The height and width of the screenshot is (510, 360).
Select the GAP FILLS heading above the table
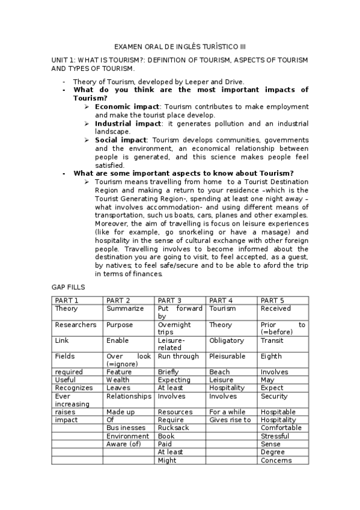click(69, 287)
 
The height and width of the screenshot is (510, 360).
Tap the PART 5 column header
click(272, 300)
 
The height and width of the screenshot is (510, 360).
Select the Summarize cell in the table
click(125, 309)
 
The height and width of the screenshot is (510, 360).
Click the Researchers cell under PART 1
click(75, 325)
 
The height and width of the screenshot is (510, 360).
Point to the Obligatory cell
click(227, 341)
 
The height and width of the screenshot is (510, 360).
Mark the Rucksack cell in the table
click(173, 428)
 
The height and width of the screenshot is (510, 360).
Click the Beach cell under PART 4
click(219, 372)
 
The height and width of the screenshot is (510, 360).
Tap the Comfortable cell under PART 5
click(281, 428)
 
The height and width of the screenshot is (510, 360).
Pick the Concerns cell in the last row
click(276, 460)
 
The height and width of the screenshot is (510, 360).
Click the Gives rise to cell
click(230, 420)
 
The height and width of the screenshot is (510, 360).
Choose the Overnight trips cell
click(174, 328)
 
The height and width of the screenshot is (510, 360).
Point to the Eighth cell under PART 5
click(271, 356)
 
